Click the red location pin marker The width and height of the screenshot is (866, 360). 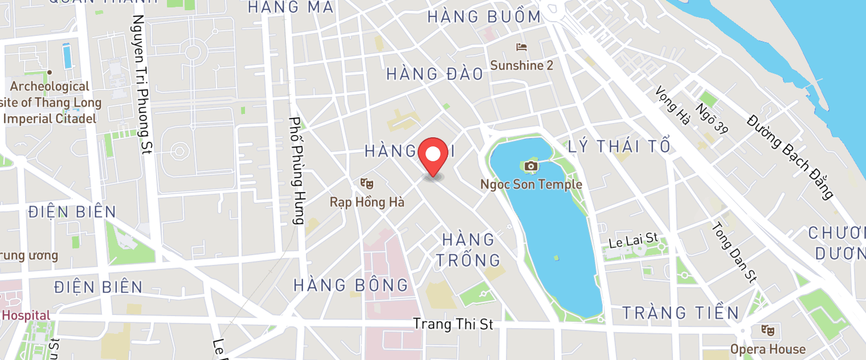[x=433, y=156]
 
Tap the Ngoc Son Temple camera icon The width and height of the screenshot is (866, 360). [x=531, y=166]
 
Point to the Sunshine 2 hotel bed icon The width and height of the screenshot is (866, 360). [x=521, y=47]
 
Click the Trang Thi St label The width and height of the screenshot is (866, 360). [x=453, y=324]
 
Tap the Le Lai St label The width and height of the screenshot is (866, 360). [x=633, y=240]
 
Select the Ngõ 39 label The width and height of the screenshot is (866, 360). [x=712, y=118]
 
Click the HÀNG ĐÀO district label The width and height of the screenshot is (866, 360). [x=435, y=73]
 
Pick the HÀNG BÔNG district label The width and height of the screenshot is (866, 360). [x=351, y=285]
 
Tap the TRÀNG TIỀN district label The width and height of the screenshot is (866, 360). [x=680, y=313]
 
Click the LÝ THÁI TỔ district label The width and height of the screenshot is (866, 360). [x=619, y=146]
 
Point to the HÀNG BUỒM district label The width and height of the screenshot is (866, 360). [x=484, y=17]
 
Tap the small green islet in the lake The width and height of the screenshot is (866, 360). [x=556, y=258]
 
